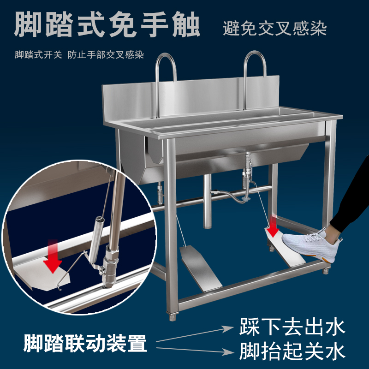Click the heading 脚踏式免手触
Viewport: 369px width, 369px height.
pos(107,25)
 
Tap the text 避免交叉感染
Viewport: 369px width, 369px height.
pos(274,29)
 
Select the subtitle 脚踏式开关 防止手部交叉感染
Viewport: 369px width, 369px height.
pos(79,55)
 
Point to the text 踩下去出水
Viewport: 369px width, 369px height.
pos(292,327)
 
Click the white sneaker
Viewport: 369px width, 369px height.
pos(311,245)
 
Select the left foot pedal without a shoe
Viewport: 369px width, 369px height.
pos(201,267)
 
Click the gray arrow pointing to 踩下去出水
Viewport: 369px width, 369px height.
pos(195,333)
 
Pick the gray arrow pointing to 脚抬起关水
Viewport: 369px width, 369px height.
pos(195,350)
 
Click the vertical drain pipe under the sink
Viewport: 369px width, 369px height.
pos(207,201)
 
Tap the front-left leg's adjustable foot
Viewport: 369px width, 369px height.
pos(172,316)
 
